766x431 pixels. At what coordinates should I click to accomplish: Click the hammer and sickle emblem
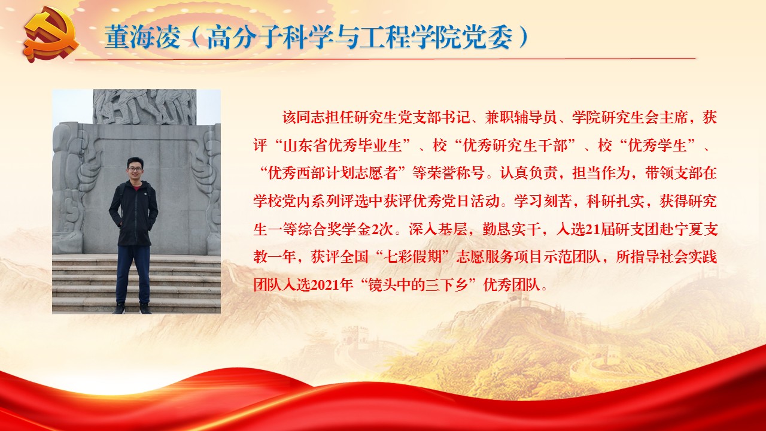[51, 36]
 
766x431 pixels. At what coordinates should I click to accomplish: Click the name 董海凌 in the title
[142, 37]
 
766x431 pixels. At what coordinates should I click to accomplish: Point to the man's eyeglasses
[135, 169]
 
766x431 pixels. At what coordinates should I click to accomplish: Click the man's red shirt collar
[136, 188]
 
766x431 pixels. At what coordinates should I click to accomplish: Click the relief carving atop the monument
[145, 107]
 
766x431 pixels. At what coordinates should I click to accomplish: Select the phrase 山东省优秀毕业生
[343, 145]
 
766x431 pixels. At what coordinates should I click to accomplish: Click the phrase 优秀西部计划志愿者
[333, 173]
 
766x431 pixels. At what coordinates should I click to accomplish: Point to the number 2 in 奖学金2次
[375, 229]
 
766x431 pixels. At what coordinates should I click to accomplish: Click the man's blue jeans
[133, 274]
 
